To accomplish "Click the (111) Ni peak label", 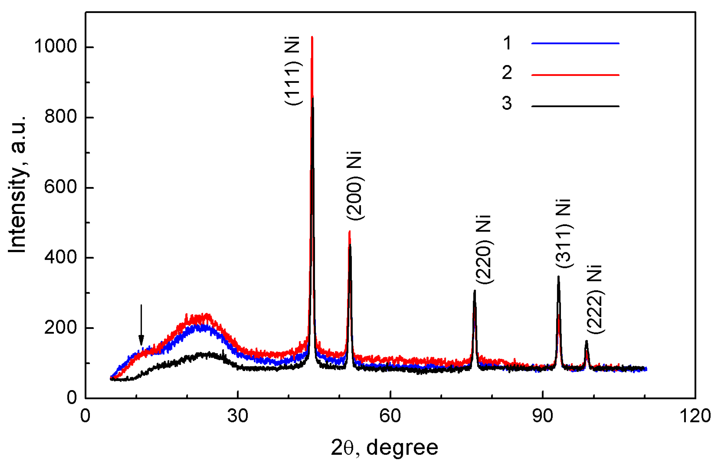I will (293, 71).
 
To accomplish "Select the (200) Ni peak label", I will (354, 186).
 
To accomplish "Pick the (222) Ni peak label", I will (595, 299).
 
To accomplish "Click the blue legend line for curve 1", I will (575, 43).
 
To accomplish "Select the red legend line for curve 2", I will (575, 75).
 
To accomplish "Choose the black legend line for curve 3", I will (575, 106).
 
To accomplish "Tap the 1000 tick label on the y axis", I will (56, 46).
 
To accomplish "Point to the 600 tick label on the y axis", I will (60, 187).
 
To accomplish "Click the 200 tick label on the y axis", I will (60, 328).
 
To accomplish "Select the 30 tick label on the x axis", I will (238, 416).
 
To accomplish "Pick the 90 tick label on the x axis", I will (543, 416).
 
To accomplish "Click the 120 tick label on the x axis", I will (695, 416).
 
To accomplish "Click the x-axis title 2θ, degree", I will (384, 448).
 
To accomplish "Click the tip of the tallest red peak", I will (312, 37).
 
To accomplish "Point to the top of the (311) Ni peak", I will (558, 277).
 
